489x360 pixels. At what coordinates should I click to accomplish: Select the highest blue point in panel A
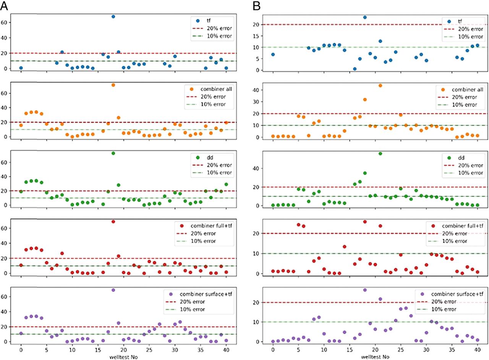[x=113, y=16]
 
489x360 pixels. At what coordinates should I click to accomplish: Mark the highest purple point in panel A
[x=113, y=290]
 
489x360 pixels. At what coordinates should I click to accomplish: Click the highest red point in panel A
[x=113, y=222]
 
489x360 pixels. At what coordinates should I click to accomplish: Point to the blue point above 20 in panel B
[x=365, y=17]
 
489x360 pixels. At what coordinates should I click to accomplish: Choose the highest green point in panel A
[x=113, y=153]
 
